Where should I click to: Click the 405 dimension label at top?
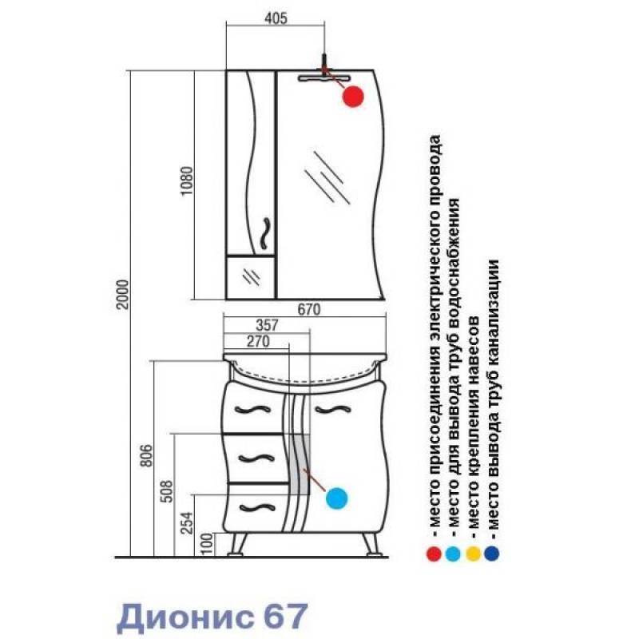click(276, 18)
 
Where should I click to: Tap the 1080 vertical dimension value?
click(187, 181)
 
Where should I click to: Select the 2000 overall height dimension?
click(122, 295)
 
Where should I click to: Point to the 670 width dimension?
click(309, 310)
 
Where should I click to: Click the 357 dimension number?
click(268, 325)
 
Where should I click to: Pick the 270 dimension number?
click(258, 341)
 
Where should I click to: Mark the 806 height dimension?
click(147, 455)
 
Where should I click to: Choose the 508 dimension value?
click(166, 492)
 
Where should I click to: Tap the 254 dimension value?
click(187, 523)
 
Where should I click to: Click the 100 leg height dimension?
click(207, 544)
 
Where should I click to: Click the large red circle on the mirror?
click(353, 97)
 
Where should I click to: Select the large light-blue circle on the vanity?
click(336, 498)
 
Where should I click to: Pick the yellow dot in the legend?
click(473, 554)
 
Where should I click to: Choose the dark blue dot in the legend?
click(492, 554)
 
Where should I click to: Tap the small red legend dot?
click(434, 554)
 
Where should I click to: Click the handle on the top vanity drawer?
click(252, 410)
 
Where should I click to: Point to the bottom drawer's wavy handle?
click(257, 508)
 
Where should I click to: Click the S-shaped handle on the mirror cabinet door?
click(265, 233)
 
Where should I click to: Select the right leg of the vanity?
click(371, 544)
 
